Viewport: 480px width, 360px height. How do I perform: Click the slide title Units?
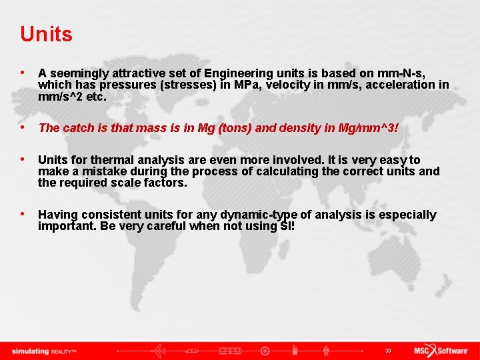pos(46,34)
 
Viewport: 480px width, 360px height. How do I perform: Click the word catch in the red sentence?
pos(81,128)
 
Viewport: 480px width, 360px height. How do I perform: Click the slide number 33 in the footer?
pos(387,351)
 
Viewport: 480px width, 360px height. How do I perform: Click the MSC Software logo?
pos(441,351)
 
